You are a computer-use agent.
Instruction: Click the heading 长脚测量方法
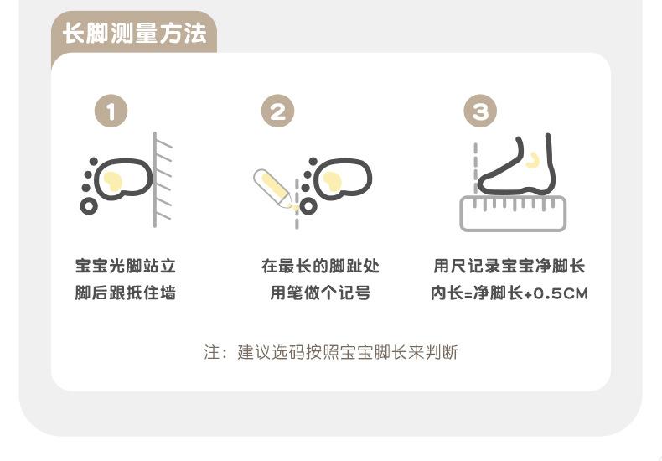(135, 34)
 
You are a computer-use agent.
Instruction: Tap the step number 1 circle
(111, 111)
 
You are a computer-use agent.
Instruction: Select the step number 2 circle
(278, 111)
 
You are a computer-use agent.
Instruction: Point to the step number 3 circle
(480, 111)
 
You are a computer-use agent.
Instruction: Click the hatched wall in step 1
(163, 180)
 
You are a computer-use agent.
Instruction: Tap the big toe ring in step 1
(89, 206)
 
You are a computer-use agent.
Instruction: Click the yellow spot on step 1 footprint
(113, 182)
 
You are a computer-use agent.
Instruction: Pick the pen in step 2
(273, 189)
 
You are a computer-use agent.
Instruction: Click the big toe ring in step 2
(308, 206)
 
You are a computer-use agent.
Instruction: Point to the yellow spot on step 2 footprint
(333, 182)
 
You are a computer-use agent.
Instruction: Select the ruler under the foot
(513, 214)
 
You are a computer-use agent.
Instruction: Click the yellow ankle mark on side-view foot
(533, 159)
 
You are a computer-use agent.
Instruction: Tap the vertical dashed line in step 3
(476, 168)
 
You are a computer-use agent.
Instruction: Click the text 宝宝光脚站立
(126, 266)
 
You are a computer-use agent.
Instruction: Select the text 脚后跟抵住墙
(126, 293)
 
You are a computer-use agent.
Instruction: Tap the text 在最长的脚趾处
(320, 266)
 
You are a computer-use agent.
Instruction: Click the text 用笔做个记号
(320, 293)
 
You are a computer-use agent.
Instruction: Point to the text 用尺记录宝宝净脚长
(509, 266)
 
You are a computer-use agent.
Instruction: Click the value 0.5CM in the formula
(561, 293)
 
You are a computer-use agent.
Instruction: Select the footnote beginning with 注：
(331, 352)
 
